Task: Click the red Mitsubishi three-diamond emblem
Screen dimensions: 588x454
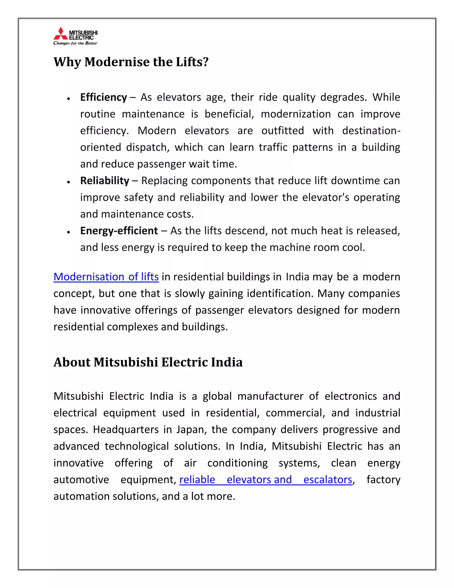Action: (x=61, y=34)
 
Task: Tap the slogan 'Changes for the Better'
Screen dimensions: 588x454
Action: (x=75, y=43)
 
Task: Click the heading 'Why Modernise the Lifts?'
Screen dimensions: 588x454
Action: (x=131, y=62)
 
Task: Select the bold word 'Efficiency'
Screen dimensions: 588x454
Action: (x=104, y=97)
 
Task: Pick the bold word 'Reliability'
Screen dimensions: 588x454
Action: (x=105, y=181)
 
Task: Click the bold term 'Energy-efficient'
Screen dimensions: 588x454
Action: (x=119, y=231)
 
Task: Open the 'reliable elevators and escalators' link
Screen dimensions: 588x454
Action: (x=266, y=479)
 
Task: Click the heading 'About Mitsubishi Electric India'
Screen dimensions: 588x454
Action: (x=148, y=362)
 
